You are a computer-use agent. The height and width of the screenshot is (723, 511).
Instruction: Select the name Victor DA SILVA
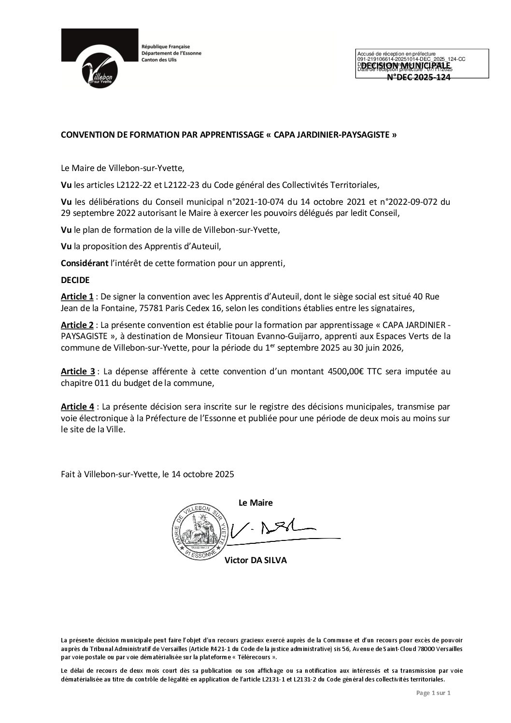pos(255,561)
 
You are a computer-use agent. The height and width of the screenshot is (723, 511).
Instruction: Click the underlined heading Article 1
pos(77,296)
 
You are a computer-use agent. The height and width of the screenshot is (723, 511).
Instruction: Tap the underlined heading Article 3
pos(77,371)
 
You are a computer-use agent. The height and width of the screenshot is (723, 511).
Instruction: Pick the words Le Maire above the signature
pos(255,502)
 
